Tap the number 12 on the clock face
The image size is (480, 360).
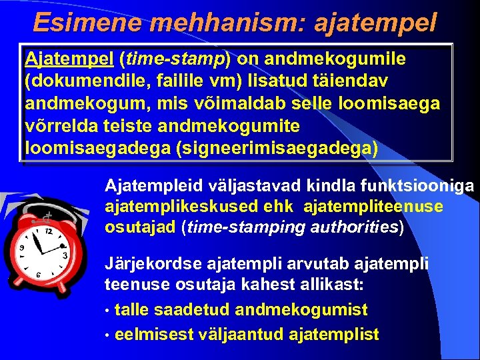click(48, 230)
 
